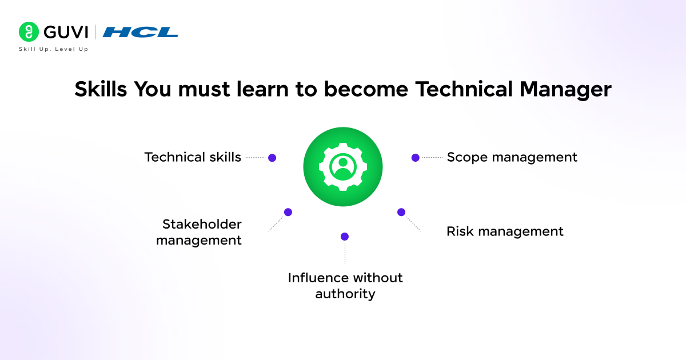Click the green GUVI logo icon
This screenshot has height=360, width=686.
29,32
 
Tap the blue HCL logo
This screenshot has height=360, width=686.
140,32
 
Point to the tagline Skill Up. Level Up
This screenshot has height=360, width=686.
53,50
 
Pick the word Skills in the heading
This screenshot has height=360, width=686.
101,90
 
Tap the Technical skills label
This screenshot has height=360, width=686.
193,157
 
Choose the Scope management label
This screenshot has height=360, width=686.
512,157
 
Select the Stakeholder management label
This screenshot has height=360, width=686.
200,232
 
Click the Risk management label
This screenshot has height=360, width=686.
505,231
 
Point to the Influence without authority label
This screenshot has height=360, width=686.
345,286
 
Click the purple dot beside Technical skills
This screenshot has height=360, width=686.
272,158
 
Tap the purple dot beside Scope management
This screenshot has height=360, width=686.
416,157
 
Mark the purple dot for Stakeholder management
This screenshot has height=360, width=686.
288,212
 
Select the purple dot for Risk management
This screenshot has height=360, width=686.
401,212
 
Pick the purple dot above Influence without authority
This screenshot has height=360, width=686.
345,237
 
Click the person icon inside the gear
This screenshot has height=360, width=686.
343,166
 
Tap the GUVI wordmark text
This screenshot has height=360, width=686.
66,32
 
